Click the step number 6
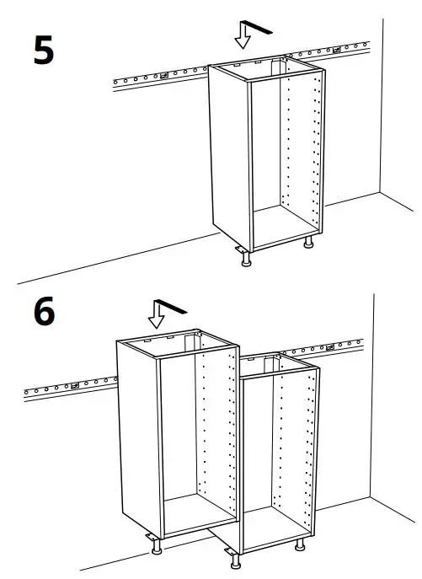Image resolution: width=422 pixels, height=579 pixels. [x=44, y=311]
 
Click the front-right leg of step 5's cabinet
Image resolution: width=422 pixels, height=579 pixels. [x=309, y=242]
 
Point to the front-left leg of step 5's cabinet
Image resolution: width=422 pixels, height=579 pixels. [x=246, y=259]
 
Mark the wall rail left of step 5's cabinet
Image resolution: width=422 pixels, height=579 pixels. [x=160, y=78]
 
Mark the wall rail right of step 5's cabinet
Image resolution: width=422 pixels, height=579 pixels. [x=349, y=48]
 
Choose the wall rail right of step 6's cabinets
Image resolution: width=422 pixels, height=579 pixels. [x=340, y=346]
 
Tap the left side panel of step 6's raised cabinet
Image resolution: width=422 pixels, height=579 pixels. [x=137, y=434]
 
